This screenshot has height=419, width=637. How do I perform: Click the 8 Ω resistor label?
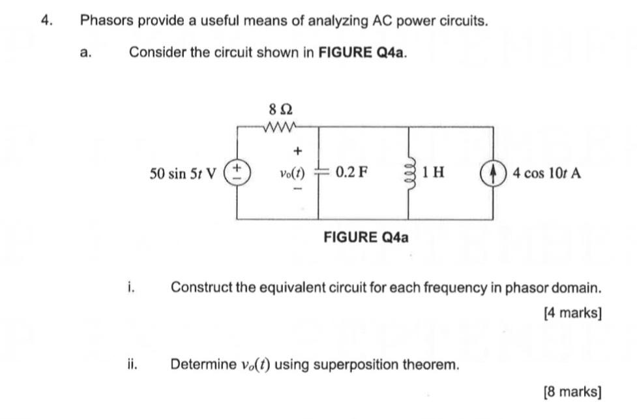point(276,108)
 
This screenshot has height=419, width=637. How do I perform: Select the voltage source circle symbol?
point(236,174)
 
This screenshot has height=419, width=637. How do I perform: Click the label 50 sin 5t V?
point(184,174)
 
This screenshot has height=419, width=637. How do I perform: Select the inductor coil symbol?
point(409,173)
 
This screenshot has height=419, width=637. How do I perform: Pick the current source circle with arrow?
point(492,174)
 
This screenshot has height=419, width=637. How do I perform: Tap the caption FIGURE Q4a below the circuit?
point(366,237)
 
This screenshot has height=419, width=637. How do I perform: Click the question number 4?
point(45,20)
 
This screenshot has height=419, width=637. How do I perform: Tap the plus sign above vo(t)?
point(298,151)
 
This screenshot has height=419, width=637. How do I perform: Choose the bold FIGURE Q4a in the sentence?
point(362,52)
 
